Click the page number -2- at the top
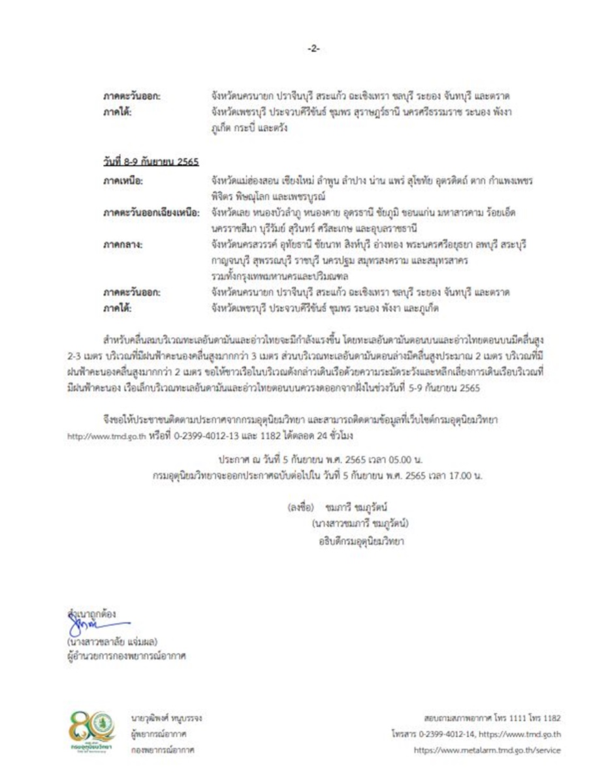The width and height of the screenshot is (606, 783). point(313,49)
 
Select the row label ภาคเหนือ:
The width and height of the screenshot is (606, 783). point(123,179)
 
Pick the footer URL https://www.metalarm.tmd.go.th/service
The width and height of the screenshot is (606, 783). point(487,750)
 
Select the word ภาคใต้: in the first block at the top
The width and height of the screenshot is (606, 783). point(118,112)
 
